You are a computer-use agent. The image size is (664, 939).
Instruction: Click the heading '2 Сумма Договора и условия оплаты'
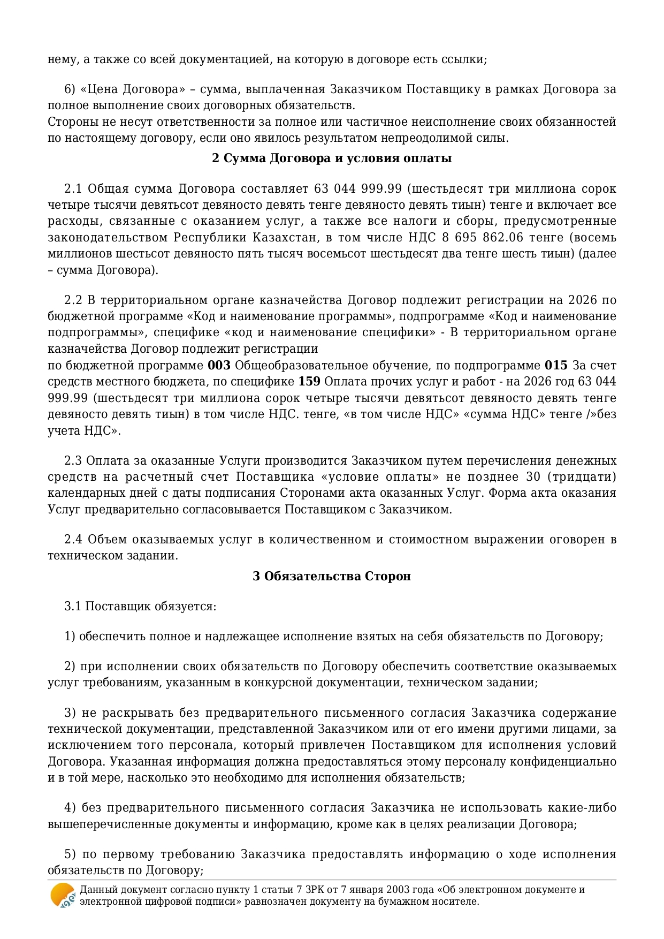click(x=332, y=158)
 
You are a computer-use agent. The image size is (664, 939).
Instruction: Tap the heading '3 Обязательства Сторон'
click(x=332, y=576)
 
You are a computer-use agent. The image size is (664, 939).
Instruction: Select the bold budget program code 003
click(x=219, y=366)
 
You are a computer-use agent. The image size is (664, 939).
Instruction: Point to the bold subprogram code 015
click(x=556, y=366)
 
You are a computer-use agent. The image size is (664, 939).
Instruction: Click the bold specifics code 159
click(x=309, y=382)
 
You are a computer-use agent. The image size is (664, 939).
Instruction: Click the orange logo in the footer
click(x=63, y=895)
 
